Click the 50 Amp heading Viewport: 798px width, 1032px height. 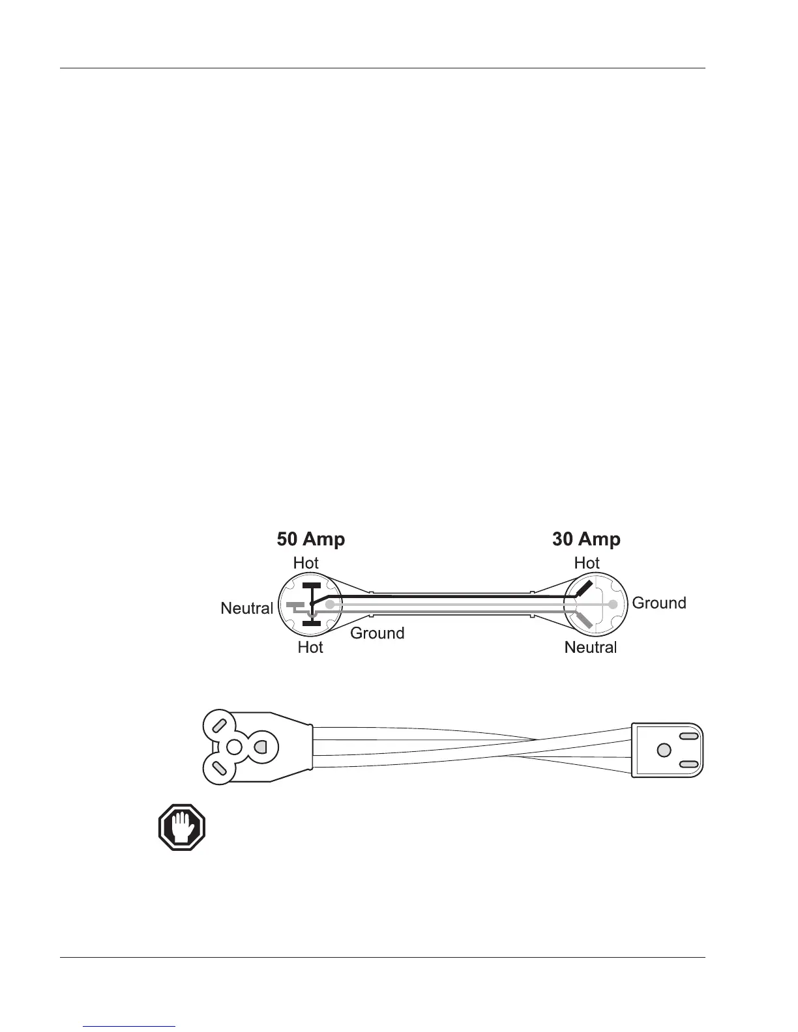[311, 539]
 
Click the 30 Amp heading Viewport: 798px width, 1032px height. [586, 539]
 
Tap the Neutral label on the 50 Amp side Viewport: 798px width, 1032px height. [246, 609]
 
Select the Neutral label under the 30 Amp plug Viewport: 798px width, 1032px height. [590, 647]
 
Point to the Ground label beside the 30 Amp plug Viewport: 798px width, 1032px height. [659, 603]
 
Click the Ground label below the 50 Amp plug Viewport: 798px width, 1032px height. [377, 633]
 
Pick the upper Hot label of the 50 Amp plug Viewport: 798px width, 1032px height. [306, 562]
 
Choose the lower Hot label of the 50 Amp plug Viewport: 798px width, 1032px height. [310, 648]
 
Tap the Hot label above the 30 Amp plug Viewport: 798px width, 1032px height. [587, 562]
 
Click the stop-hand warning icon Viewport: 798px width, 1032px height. [182, 827]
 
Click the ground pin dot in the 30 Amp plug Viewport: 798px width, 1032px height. [613, 605]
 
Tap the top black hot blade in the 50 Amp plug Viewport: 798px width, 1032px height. [312, 584]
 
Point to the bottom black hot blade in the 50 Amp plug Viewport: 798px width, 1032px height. [312, 623]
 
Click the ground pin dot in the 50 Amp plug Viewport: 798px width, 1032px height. [330, 605]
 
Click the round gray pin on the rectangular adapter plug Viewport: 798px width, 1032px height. [664, 750]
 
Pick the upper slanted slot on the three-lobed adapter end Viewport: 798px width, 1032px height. [220, 724]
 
